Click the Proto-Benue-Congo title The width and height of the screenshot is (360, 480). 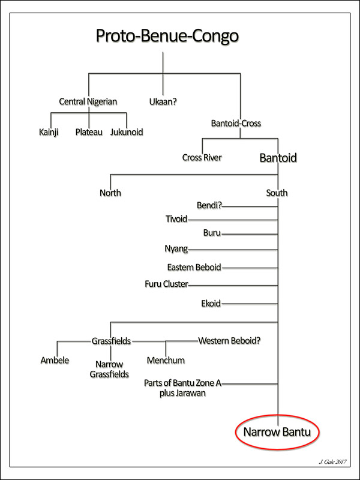pyautogui.click(x=167, y=37)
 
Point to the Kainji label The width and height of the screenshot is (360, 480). pyautogui.click(x=50, y=132)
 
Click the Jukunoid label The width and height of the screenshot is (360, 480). pyautogui.click(x=127, y=132)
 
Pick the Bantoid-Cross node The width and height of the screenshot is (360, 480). pyautogui.click(x=236, y=124)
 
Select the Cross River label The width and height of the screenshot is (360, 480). pyautogui.click(x=202, y=158)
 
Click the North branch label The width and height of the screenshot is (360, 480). pyautogui.click(x=110, y=193)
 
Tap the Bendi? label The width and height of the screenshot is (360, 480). pyautogui.click(x=209, y=206)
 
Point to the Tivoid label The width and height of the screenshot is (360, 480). pyautogui.click(x=176, y=219)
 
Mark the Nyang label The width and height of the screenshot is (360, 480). pyautogui.click(x=176, y=249)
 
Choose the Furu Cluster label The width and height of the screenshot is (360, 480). pyautogui.click(x=166, y=284)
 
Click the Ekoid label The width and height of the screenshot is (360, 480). pyautogui.click(x=211, y=304)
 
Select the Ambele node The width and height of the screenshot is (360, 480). pyautogui.click(x=55, y=361)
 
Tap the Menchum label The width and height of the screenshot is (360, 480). pyautogui.click(x=166, y=361)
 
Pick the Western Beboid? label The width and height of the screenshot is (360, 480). pyautogui.click(x=230, y=341)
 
